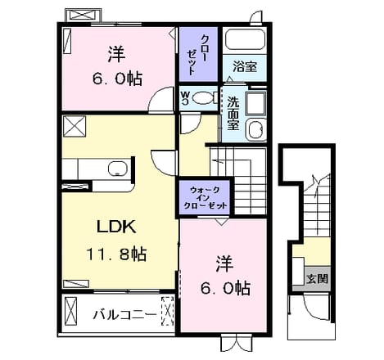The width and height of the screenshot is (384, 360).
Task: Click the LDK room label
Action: point(117,227)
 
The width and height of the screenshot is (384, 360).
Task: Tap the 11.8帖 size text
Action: point(117,254)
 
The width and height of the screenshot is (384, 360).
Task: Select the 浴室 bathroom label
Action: point(245,67)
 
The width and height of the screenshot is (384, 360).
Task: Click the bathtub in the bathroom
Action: point(245,39)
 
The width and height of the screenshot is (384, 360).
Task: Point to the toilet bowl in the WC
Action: point(202,97)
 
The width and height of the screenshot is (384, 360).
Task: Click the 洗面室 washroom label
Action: point(233,113)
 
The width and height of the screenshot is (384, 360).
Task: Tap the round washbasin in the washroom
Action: point(255,129)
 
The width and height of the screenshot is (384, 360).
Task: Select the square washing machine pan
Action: point(255,104)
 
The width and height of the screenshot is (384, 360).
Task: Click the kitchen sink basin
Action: point(118,169)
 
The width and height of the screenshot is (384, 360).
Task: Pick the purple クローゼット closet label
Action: point(198,55)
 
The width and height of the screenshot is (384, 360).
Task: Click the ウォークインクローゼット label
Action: point(206,197)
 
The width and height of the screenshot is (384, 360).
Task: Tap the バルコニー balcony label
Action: point(125,315)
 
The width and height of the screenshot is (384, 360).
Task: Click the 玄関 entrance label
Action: point(317,279)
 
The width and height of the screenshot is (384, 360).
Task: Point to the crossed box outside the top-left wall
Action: point(84,15)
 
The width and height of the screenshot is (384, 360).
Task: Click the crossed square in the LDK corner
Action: point(75,126)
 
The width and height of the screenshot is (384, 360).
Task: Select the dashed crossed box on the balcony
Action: point(168,311)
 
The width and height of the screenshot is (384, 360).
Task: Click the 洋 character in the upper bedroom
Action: point(116,55)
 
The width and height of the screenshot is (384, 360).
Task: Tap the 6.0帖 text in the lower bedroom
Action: point(225,288)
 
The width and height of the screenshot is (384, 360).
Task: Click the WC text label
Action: point(186,97)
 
